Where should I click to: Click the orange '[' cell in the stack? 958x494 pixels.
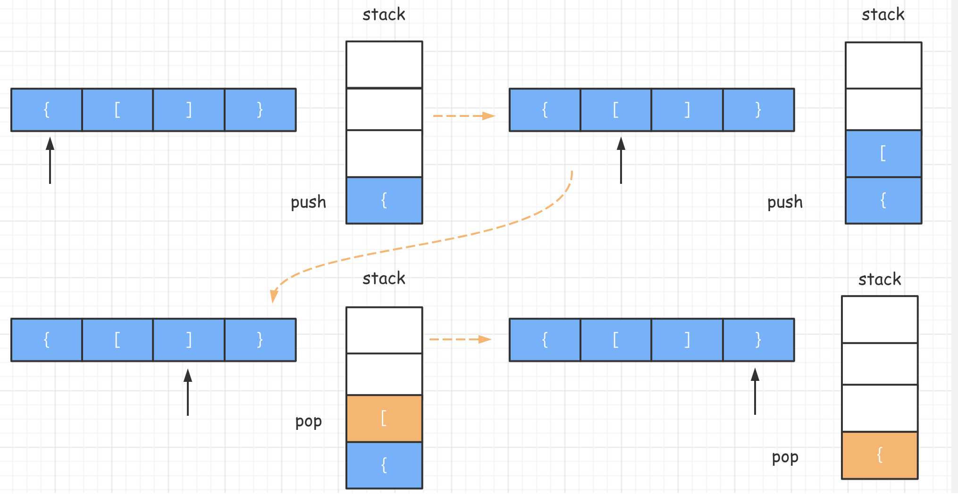pyautogui.click(x=384, y=419)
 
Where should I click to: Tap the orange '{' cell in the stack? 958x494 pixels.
pyautogui.click(x=880, y=455)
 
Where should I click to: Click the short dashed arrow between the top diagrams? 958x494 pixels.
pyautogui.click(x=463, y=115)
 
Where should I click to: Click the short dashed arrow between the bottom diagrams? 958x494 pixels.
pyautogui.click(x=460, y=339)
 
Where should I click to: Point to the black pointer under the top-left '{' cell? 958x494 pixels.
pyautogui.click(x=50, y=160)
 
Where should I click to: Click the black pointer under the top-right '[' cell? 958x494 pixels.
pyautogui.click(x=621, y=160)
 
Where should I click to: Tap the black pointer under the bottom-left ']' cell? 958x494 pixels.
pyautogui.click(x=188, y=392)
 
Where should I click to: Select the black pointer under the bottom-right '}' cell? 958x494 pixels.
pyautogui.click(x=755, y=391)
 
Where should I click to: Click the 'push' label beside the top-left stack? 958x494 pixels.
pyautogui.click(x=308, y=202)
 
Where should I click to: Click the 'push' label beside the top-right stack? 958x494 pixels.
pyautogui.click(x=785, y=202)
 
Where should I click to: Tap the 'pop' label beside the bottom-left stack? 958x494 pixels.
pyautogui.click(x=308, y=421)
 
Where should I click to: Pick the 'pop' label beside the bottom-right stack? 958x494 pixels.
pyautogui.click(x=785, y=457)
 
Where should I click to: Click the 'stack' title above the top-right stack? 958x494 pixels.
pyautogui.click(x=883, y=15)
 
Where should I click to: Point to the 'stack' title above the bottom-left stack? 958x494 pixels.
pyautogui.click(x=384, y=279)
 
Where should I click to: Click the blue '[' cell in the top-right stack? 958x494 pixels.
pyautogui.click(x=883, y=154)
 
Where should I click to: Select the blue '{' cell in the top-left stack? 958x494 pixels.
pyautogui.click(x=384, y=200)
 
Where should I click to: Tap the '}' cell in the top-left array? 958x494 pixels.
pyautogui.click(x=260, y=110)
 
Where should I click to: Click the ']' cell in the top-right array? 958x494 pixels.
pyautogui.click(x=687, y=110)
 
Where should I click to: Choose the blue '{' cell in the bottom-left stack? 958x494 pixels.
pyautogui.click(x=384, y=465)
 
